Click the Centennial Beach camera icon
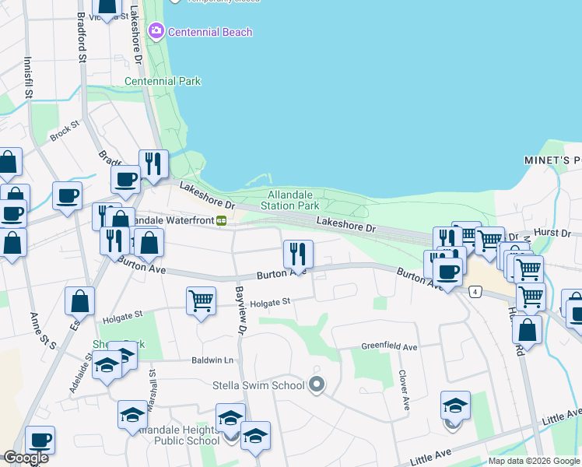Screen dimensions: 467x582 156,31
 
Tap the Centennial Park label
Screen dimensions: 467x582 163,81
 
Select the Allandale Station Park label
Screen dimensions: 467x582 293,200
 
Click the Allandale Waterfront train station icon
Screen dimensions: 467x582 222,220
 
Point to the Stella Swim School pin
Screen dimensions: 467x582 316,384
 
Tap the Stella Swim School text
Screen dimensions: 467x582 258,385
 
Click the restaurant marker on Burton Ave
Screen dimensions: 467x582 298,253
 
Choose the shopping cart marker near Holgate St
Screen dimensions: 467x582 202,300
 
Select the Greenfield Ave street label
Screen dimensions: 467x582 389,346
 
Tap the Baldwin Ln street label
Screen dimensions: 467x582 212,360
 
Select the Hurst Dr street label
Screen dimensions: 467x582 556,233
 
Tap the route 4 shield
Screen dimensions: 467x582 475,291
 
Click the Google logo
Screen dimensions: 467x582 26,458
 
